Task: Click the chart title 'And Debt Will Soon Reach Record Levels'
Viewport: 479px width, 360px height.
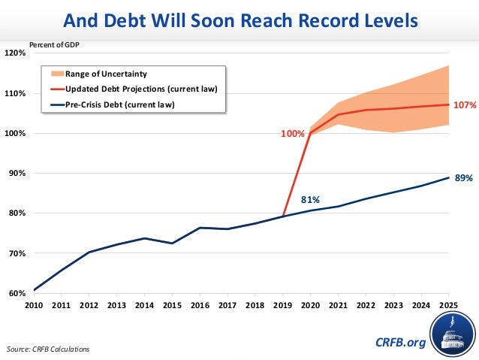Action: coord(239,20)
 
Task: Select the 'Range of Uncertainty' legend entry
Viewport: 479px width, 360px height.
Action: coord(105,74)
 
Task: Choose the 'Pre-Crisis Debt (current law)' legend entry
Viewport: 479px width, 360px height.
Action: coord(119,104)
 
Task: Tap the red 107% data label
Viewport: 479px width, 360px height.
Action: coord(465,106)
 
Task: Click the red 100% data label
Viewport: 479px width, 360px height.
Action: coord(293,134)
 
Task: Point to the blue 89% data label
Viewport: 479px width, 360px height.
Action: coord(463,178)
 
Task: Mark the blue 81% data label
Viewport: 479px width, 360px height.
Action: coord(311,200)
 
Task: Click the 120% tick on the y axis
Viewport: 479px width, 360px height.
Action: coord(16,53)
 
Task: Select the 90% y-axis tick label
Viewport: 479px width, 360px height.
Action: coord(17,174)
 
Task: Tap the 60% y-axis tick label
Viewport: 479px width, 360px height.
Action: coord(17,293)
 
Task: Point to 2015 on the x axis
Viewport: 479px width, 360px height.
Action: coord(172,306)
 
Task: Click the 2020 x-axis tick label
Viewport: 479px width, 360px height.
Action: coord(310,306)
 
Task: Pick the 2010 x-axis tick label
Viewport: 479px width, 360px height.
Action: coord(35,306)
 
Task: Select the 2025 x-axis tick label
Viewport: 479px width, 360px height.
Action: coord(448,306)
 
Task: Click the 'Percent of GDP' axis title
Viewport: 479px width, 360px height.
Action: coord(54,44)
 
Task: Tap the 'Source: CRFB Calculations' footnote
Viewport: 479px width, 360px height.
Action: coord(47,349)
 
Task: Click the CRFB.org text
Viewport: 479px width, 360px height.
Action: coord(400,343)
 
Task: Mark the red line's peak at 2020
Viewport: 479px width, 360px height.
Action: coord(310,134)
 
